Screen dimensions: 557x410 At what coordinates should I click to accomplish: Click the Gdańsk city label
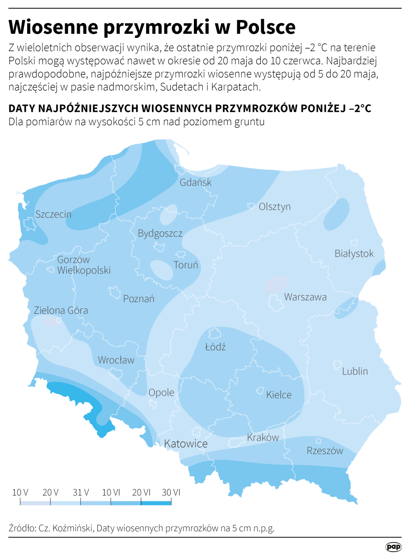pos(196,183)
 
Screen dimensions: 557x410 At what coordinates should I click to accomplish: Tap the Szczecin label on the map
pos(53,214)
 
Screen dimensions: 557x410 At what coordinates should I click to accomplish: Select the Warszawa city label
pos(305,297)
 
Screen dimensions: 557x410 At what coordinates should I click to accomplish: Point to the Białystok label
pos(354,254)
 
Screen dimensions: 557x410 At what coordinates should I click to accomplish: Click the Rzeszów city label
pos(325,451)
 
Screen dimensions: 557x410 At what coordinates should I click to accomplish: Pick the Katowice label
pos(186,444)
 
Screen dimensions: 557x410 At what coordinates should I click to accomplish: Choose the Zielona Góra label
pos(61,311)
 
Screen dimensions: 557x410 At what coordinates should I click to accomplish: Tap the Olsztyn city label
pos(275,207)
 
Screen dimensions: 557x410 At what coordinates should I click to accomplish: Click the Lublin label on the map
pos(355,371)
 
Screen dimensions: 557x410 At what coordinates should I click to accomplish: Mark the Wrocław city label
pos(116,360)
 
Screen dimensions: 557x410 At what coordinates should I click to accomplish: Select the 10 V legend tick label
pos(20,492)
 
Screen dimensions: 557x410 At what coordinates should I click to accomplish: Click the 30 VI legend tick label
pos(171,492)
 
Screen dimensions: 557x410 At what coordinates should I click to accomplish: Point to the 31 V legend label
pos(81,492)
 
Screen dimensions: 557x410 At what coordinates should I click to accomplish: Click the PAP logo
pos(394,547)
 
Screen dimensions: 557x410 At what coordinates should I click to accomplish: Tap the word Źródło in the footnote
pos(20,528)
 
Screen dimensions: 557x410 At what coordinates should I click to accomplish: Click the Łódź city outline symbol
pos(214,334)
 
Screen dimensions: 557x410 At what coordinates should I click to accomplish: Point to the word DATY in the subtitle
pos(22,109)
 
